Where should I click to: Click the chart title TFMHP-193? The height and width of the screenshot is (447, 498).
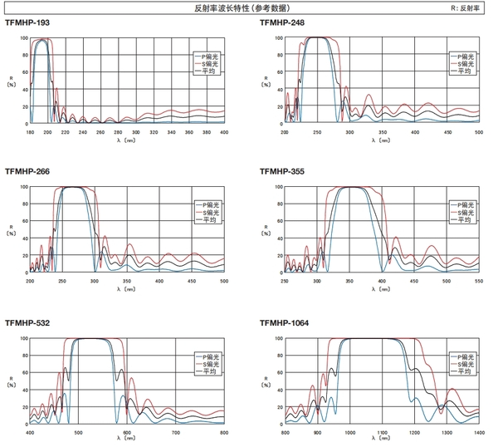click(x=29, y=23)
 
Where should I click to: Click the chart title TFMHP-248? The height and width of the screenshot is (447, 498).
click(x=284, y=23)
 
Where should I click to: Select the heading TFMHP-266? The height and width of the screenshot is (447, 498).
click(x=29, y=172)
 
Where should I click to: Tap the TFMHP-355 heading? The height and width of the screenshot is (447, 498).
click(x=284, y=172)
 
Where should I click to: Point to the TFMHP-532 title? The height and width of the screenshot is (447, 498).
click(x=29, y=322)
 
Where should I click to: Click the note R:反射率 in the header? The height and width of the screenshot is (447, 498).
click(x=466, y=7)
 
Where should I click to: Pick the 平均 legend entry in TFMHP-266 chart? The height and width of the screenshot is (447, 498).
click(x=206, y=219)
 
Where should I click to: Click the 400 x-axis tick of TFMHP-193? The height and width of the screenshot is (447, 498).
click(x=223, y=131)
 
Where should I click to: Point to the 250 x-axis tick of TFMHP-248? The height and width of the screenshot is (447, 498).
click(x=317, y=131)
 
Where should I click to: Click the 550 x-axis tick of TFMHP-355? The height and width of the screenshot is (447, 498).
click(x=479, y=281)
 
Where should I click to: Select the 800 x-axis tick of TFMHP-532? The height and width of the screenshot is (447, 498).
click(x=223, y=433)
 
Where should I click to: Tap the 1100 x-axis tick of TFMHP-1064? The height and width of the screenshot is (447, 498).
click(x=382, y=433)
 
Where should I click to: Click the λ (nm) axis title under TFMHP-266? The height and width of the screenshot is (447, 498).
click(x=126, y=289)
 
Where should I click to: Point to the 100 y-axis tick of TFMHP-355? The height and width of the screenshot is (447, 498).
click(x=278, y=187)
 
